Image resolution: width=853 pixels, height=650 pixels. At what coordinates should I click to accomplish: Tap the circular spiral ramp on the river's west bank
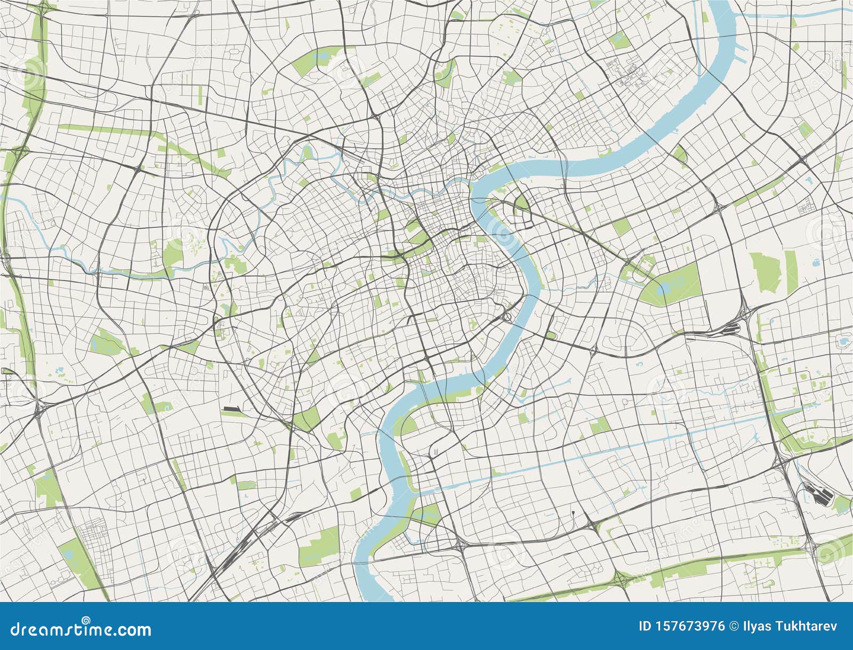[508, 317]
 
